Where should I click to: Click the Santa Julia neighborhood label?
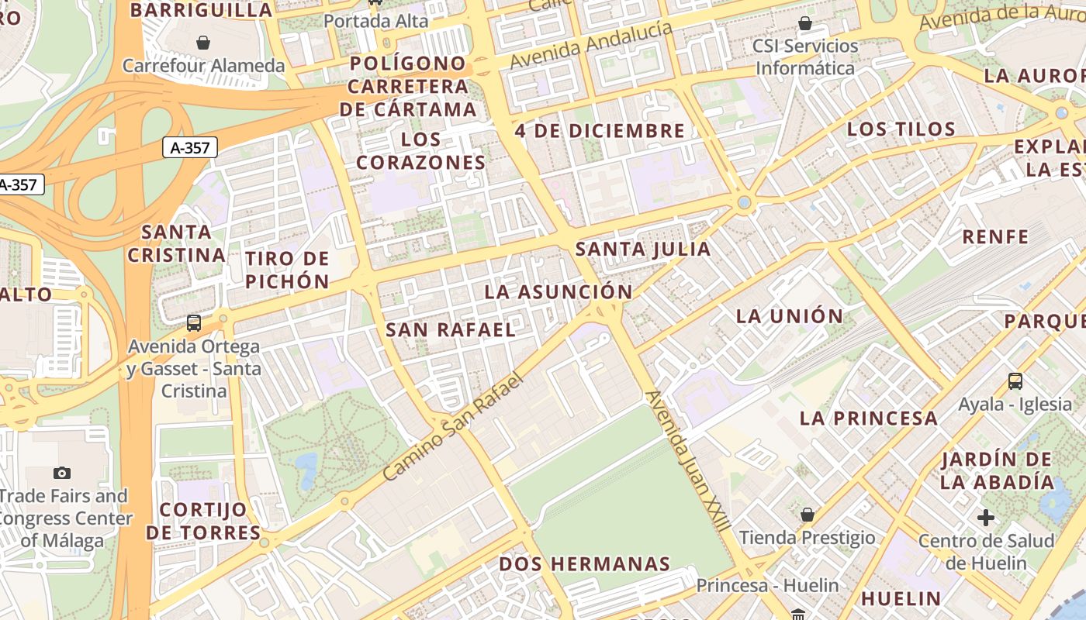[x=643, y=249]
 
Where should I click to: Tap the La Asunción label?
[x=559, y=292]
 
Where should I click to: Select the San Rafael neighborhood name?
[x=451, y=329]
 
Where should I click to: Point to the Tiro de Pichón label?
[x=288, y=270]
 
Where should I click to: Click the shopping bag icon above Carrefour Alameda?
[x=203, y=42]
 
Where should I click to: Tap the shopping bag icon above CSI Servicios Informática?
[x=805, y=23]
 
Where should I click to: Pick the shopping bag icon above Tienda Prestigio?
[x=808, y=514]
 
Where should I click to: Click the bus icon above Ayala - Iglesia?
[x=1015, y=381]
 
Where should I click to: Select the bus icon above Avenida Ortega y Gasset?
[x=194, y=322]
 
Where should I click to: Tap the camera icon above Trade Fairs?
[x=62, y=473]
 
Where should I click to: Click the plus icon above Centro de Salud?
[x=986, y=517]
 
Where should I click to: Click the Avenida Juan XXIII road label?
[x=688, y=461]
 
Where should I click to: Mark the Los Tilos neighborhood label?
[x=901, y=129]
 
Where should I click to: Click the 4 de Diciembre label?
[x=600, y=131]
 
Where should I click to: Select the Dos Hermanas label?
[x=584, y=563]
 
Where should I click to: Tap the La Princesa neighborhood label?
[x=869, y=418]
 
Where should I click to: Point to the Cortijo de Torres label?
[x=203, y=521]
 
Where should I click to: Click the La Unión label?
[x=790, y=316]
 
